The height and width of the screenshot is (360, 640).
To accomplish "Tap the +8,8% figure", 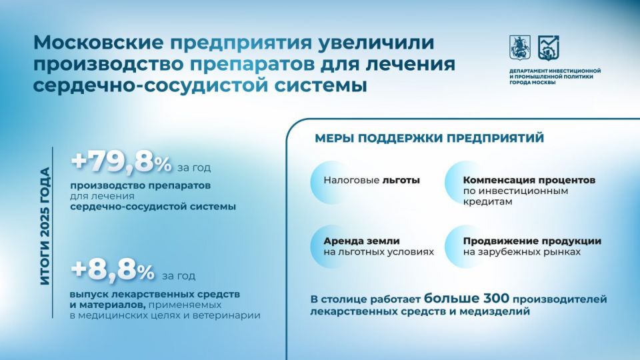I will (x=112, y=271).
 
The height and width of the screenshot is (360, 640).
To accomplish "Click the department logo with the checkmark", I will (x=549, y=46).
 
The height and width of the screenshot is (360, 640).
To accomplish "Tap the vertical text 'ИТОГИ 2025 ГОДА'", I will (x=45, y=227).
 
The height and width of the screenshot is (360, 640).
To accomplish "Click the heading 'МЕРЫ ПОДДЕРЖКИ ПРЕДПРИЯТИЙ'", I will (x=429, y=138).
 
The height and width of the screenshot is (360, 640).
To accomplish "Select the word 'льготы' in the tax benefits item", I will (x=401, y=180).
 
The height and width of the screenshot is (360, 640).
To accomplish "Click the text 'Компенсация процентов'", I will (x=529, y=180).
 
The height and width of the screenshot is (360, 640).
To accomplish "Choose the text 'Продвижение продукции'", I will (x=532, y=241).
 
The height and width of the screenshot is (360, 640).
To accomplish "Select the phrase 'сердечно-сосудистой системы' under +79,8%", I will (x=153, y=207).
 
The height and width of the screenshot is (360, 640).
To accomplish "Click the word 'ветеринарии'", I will (x=230, y=315).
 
